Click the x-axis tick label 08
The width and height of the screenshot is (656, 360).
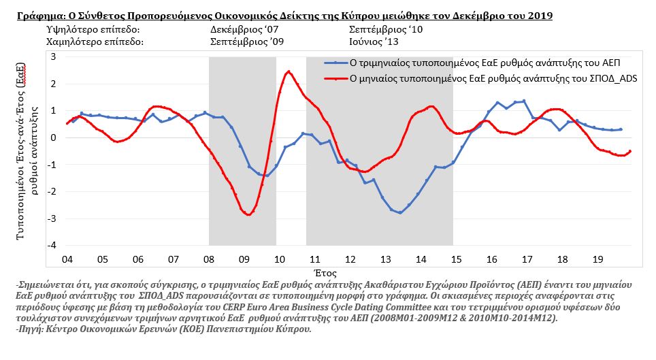pyautogui.click(x=209, y=259)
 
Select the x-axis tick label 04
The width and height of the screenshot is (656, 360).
pyautogui.click(x=67, y=259)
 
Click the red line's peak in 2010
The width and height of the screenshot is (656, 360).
pyautogui.click(x=289, y=71)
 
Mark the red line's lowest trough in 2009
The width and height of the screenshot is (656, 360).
pyautogui.click(x=249, y=215)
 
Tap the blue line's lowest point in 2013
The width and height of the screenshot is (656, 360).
pyautogui.click(x=400, y=213)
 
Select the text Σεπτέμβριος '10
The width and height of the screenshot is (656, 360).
pyautogui.click(x=385, y=30)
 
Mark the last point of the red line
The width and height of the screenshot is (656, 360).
pyautogui.click(x=630, y=151)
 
